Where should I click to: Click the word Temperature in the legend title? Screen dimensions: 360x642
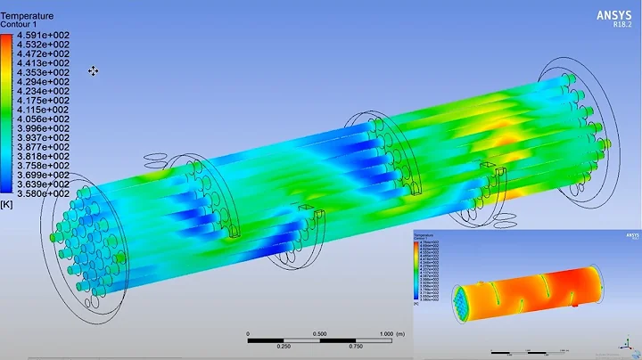point(28,16)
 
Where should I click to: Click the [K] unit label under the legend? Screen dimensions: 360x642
point(8,204)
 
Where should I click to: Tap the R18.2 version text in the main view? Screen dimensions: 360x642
point(620,26)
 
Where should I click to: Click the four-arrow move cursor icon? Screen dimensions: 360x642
point(93,71)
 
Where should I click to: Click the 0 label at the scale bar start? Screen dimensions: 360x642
point(249,333)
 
